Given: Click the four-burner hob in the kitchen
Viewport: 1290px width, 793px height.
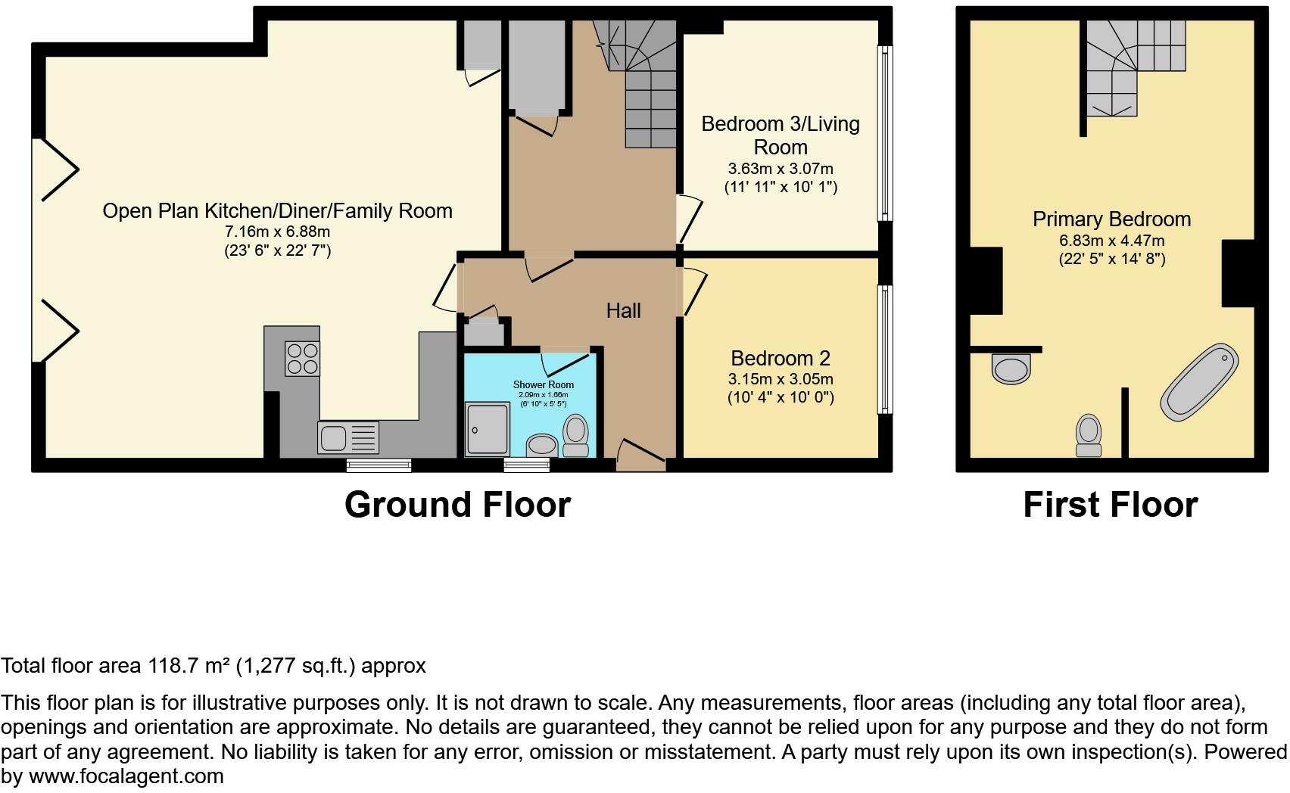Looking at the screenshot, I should [302, 359].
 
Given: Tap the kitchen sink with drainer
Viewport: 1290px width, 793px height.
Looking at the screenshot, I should [348, 438].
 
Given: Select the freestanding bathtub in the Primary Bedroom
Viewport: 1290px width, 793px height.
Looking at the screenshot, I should [1199, 382].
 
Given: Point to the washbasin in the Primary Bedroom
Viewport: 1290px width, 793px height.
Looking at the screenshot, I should [1011, 369].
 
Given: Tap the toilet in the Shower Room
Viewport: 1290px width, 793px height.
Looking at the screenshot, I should [576, 436].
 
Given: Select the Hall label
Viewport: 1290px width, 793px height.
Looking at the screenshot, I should [623, 310].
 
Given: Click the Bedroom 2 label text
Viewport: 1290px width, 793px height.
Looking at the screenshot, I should [780, 358].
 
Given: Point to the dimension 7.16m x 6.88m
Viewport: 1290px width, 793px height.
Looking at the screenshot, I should [276, 232].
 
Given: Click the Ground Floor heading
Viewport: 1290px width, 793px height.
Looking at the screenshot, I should [457, 505].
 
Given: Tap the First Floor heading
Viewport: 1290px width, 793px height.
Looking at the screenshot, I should [1110, 505].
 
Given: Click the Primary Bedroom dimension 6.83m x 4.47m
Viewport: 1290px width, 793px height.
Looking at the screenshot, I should [1111, 241].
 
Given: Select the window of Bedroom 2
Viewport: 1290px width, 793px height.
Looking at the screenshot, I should [884, 349].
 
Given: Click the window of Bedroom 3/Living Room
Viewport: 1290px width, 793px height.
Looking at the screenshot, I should [884, 133].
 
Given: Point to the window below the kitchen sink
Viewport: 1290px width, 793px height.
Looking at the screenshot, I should [379, 465].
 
